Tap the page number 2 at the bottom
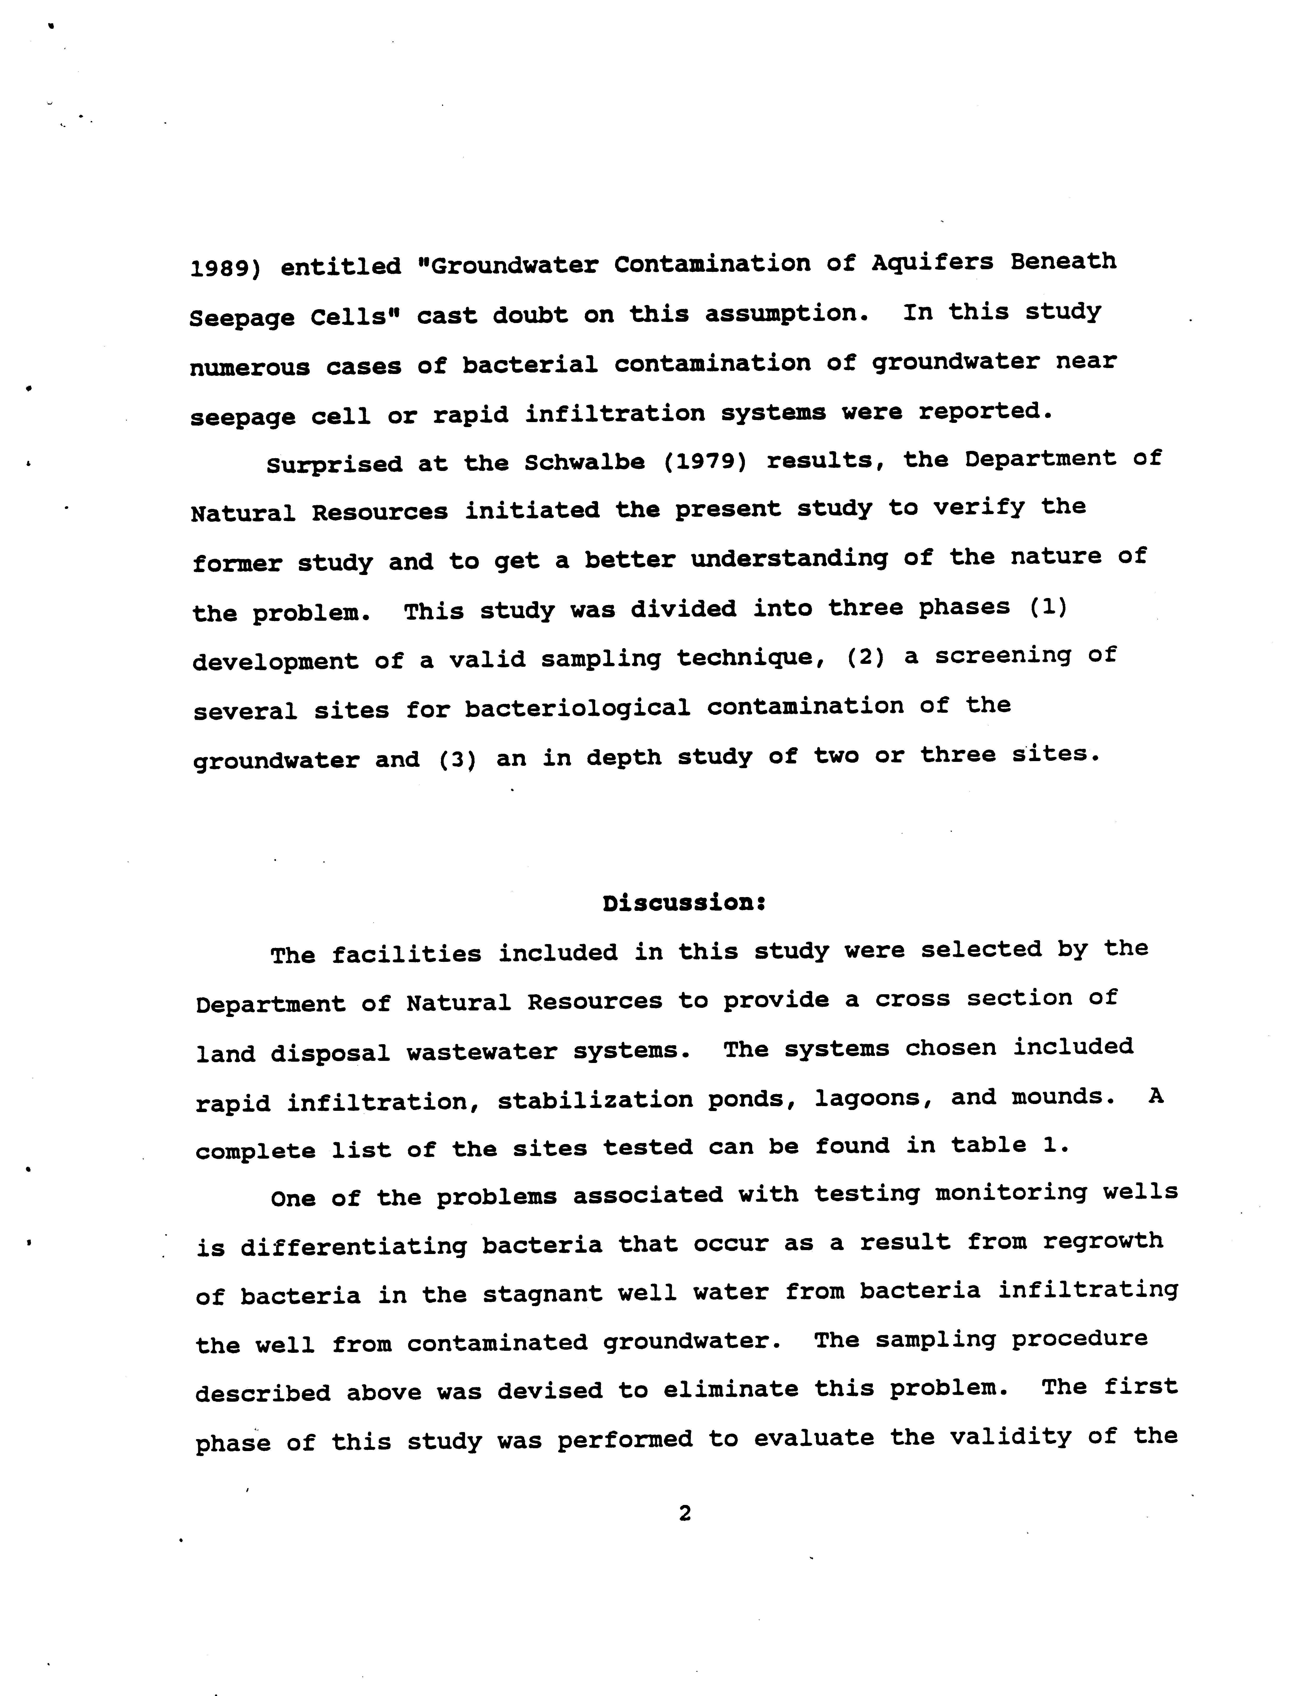point(684,1512)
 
